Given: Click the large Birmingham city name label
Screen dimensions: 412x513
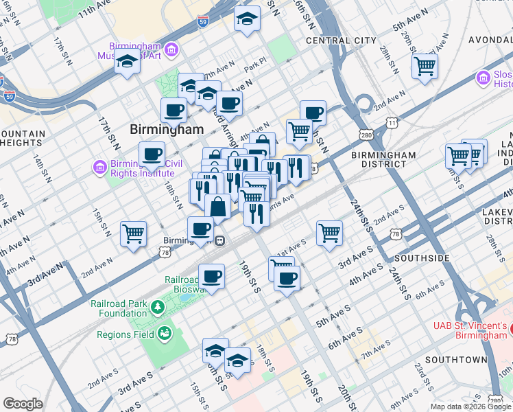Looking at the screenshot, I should click(x=167, y=129).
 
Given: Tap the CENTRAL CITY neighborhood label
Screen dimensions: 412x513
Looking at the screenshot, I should click(x=342, y=41).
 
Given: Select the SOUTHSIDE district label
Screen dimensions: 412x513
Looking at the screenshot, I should click(x=420, y=258).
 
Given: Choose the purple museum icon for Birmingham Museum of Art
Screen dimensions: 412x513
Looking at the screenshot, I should click(x=171, y=49).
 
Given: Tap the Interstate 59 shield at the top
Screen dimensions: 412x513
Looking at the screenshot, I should click(x=204, y=22).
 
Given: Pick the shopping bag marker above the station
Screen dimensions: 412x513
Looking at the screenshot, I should click(x=217, y=205).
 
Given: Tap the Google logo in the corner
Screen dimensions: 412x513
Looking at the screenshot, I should click(x=23, y=404).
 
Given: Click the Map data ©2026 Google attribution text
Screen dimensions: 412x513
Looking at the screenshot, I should click(x=470, y=407).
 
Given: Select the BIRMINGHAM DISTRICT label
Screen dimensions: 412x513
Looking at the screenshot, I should click(x=383, y=160).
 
